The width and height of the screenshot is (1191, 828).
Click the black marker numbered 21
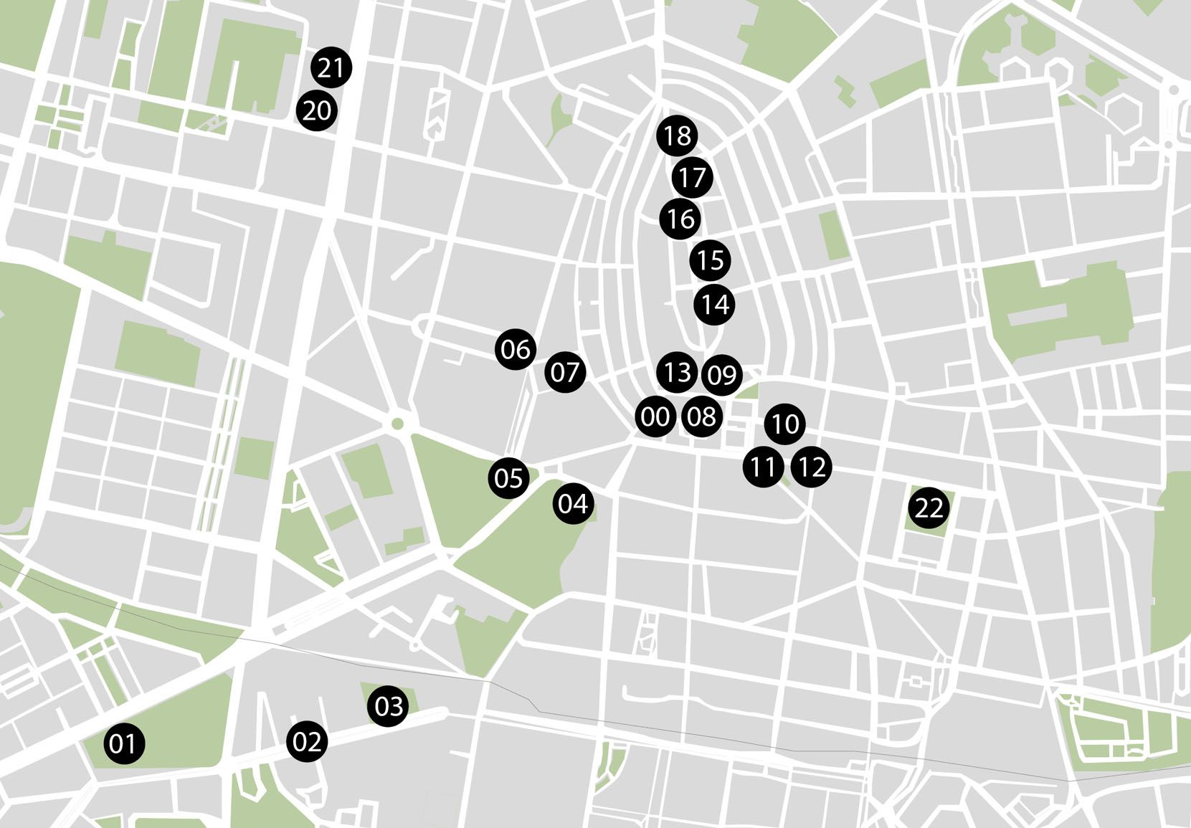click(x=331, y=67)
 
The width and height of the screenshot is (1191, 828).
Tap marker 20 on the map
click(x=317, y=110)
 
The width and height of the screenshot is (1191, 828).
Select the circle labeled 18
click(x=678, y=135)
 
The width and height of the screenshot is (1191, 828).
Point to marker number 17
click(x=693, y=177)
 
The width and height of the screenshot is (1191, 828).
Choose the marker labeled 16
click(x=680, y=219)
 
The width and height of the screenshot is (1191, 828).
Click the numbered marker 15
click(x=711, y=260)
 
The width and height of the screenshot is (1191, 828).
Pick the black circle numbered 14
click(x=714, y=305)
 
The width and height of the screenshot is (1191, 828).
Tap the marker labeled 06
click(x=515, y=349)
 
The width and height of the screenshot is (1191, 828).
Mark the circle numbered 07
click(x=565, y=372)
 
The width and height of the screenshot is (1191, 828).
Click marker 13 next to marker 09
click(x=677, y=372)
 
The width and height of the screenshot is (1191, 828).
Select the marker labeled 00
click(x=655, y=416)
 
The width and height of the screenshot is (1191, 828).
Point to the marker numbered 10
click(x=785, y=424)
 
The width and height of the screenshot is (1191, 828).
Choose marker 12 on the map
click(x=812, y=467)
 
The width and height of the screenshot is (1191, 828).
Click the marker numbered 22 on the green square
click(x=929, y=508)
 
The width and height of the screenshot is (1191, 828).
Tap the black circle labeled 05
click(x=509, y=477)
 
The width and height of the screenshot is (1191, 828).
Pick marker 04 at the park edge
click(x=573, y=504)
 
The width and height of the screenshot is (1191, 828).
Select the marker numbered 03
click(x=389, y=706)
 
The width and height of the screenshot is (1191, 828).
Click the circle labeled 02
click(x=308, y=741)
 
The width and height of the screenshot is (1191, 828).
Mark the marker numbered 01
click(x=123, y=743)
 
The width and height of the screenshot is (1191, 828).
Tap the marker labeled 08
click(x=701, y=416)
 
